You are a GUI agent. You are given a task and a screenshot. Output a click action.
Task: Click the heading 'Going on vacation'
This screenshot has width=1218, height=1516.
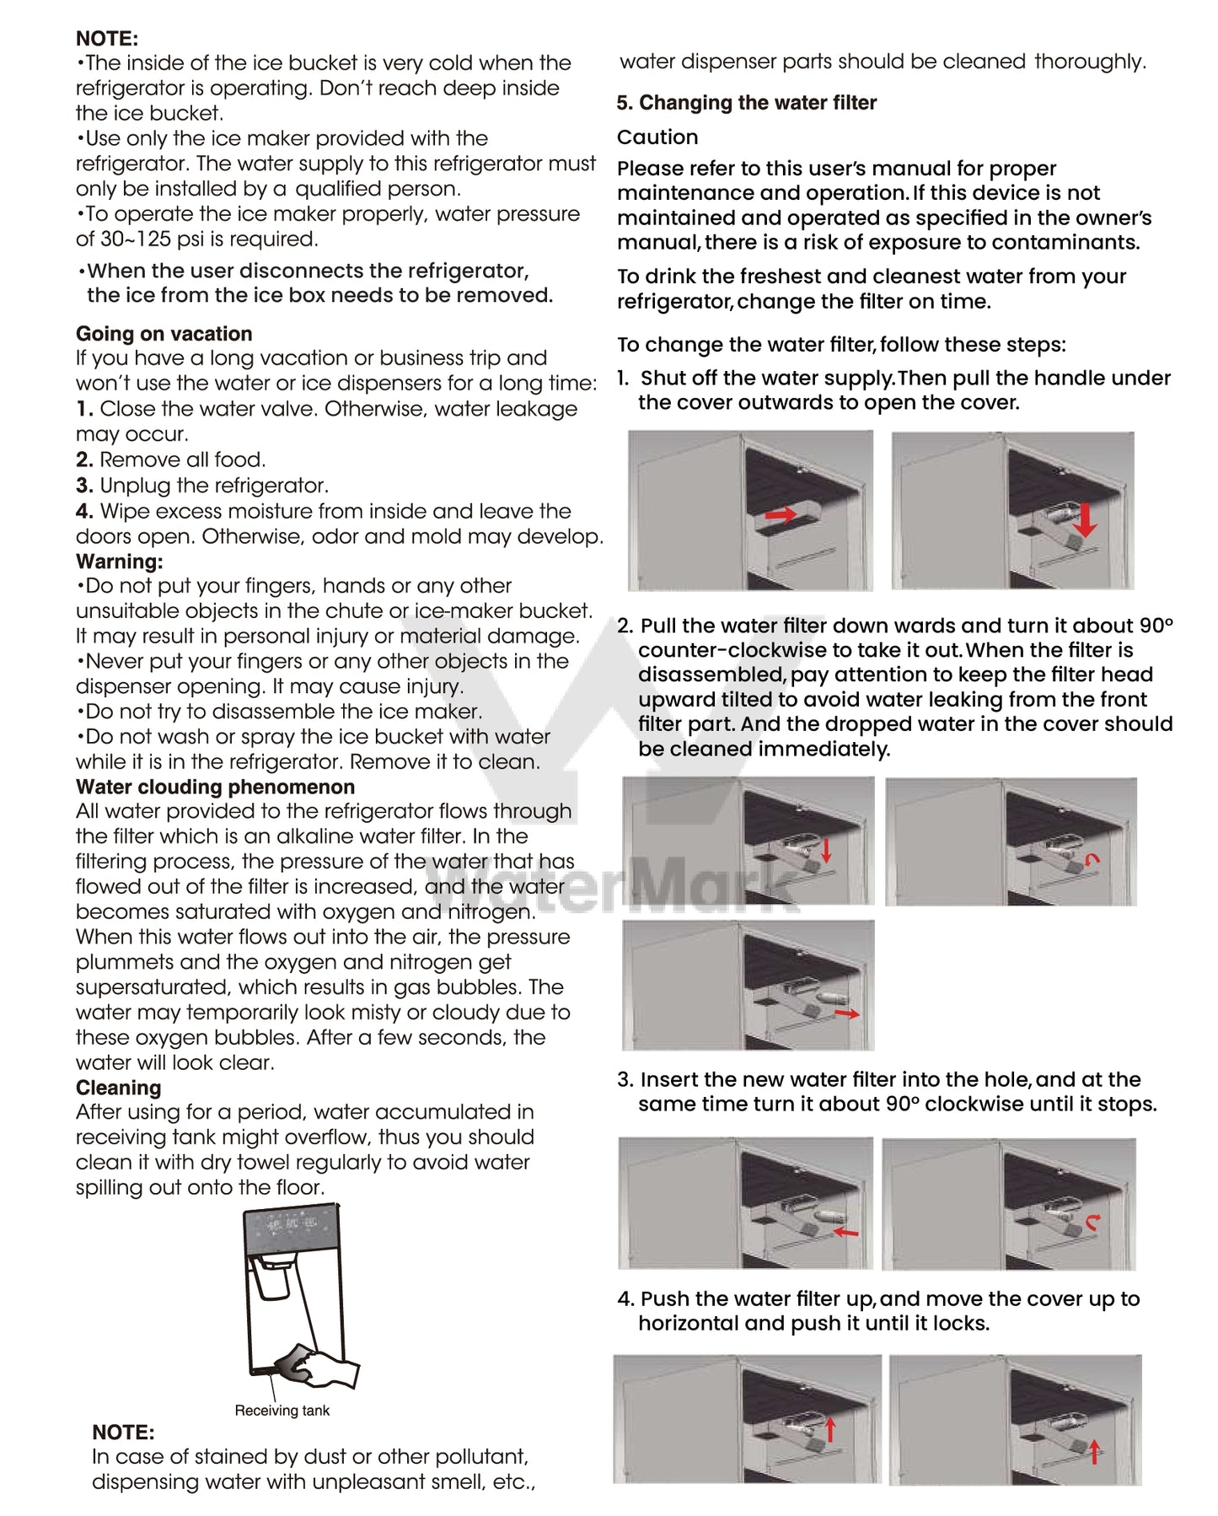164,334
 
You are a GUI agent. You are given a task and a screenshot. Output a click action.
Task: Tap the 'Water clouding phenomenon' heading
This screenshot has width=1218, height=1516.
215,787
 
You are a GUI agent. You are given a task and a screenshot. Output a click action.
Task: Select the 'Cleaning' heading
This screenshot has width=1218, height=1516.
118,1088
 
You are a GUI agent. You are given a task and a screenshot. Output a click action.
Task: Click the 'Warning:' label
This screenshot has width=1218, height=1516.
119,562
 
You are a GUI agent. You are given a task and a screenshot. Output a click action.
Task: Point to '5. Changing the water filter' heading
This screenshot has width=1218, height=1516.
746,103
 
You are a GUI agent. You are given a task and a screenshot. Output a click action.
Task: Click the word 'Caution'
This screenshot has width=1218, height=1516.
657,137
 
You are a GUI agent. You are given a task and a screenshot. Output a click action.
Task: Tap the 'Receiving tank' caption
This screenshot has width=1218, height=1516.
282,1411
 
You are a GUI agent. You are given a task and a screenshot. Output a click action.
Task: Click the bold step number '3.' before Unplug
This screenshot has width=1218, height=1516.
84,486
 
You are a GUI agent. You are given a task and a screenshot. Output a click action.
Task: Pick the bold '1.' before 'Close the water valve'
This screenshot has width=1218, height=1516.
84,409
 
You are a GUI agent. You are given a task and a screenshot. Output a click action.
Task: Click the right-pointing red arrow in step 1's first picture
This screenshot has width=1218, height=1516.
780,514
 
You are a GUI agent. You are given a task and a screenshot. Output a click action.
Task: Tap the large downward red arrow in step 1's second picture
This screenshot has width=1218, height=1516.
1086,519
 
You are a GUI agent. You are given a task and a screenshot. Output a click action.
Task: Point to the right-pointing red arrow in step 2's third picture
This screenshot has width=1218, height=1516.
847,1013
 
